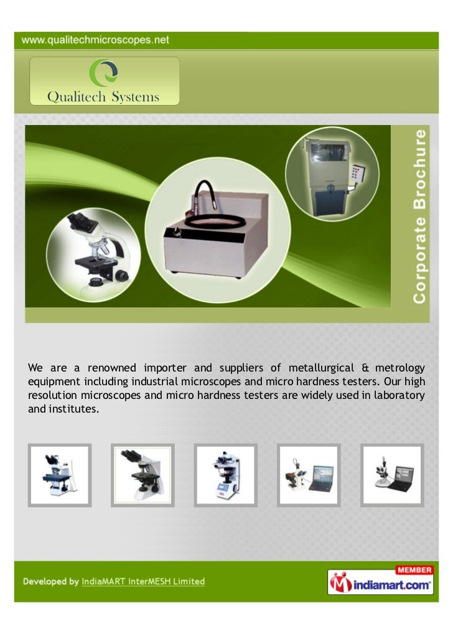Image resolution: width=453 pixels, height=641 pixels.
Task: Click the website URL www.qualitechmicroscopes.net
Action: coord(96,40)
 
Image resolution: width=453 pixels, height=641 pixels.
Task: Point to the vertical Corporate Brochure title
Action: coord(421,216)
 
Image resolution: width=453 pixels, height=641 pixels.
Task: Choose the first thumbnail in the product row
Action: coord(60,475)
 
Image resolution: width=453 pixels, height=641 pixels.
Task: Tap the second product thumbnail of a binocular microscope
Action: coord(142,475)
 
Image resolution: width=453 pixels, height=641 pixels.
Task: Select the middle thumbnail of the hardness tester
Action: coord(225,475)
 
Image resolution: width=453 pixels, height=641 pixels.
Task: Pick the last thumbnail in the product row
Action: coord(392,475)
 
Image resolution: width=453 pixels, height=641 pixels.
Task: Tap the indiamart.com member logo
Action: coord(380,581)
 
